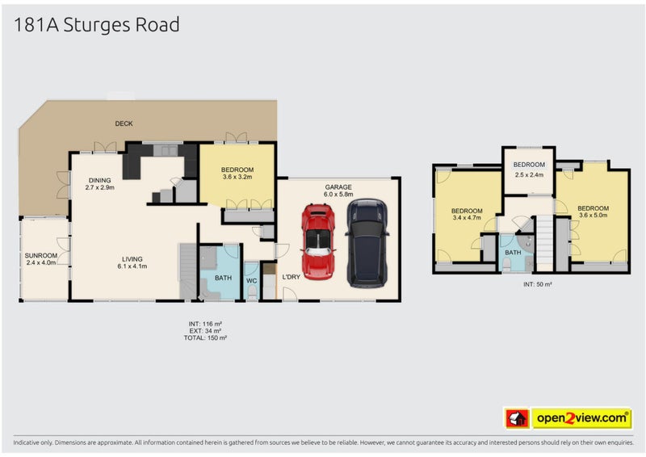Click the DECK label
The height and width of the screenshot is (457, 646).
coord(124,124)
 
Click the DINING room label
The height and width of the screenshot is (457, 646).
coord(100,180)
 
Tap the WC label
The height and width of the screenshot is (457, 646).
coord(251,281)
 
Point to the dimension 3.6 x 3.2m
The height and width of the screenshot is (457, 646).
coord(237,177)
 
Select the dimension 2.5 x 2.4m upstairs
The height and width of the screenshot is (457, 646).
coord(529,174)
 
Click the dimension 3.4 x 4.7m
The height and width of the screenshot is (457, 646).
coord(467,217)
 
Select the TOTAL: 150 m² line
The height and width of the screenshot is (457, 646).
coord(204,338)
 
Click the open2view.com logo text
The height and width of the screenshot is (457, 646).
coord(581,417)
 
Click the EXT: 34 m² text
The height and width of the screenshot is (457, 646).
coord(204,330)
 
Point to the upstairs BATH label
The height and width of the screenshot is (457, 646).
coord(514,252)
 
